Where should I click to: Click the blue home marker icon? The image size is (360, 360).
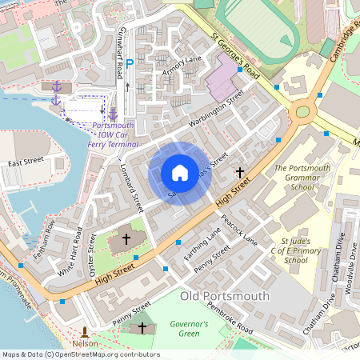(180, 172)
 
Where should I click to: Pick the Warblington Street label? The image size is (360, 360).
(216, 111)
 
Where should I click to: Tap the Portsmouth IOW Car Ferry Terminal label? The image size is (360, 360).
(112, 136)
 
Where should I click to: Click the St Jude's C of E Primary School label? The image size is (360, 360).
(295, 250)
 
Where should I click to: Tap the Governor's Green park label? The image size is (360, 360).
(189, 329)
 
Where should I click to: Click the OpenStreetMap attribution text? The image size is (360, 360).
(80, 354)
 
